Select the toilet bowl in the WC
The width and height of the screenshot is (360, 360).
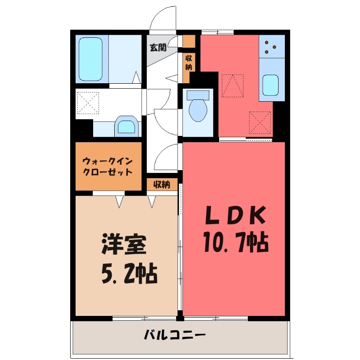[x=198, y=108]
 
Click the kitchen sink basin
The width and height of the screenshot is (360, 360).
[x=271, y=85]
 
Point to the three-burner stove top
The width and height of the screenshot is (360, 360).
[x=271, y=46]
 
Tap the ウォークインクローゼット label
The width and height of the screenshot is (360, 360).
[x=108, y=166]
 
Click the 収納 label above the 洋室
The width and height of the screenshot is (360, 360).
[x=162, y=184]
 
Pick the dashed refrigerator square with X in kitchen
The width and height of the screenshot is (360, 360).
[x=261, y=121]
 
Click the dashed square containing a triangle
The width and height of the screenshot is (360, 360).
[x=232, y=85]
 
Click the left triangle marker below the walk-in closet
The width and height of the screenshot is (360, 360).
[x=119, y=202]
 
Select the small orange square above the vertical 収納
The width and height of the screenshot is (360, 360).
[x=189, y=41]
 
